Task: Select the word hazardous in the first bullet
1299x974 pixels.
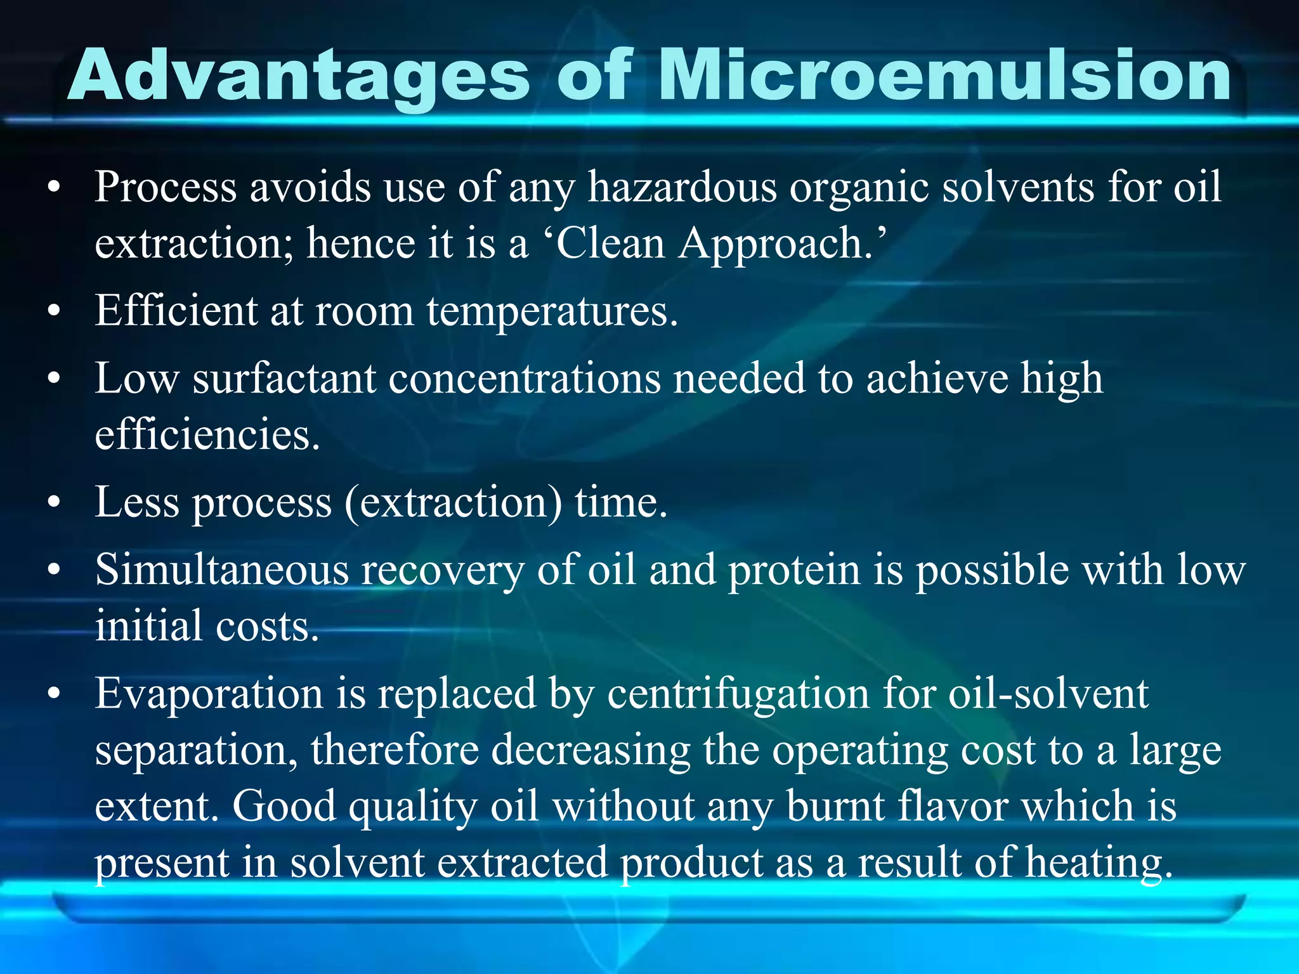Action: click(682, 188)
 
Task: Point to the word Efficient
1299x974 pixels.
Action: click(176, 311)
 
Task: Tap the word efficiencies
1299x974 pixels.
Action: click(207, 435)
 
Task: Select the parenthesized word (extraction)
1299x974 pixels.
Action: click(454, 503)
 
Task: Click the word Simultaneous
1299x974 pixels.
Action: click(221, 569)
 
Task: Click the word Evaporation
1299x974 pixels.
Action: click(209, 694)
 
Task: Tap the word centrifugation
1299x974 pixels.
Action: click(738, 694)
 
